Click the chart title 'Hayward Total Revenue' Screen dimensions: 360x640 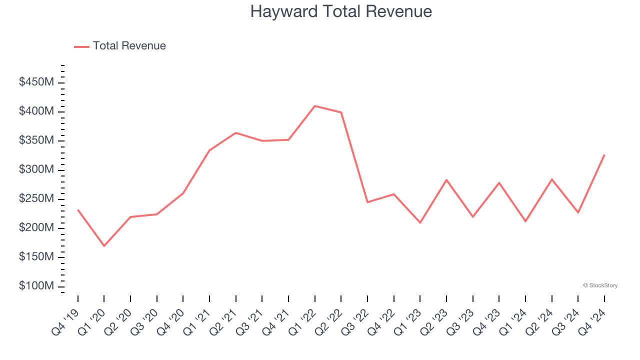point(341,11)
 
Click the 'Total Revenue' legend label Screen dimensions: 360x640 point(129,46)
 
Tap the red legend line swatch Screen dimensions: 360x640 point(81,46)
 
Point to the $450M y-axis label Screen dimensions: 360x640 point(36,82)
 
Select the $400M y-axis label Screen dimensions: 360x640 point(36,111)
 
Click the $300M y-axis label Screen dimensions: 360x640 point(36,169)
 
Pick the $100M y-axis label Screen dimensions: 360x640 point(36,286)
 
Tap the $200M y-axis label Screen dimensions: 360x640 point(36,228)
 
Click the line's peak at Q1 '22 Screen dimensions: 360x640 point(314,106)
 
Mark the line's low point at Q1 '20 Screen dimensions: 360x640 point(104,246)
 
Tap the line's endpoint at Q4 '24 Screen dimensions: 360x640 point(604,155)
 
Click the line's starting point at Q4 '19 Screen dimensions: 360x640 point(78,210)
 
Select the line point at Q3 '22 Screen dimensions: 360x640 point(367,202)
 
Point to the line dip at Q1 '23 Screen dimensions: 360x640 point(420,222)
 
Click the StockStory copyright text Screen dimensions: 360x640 point(600,285)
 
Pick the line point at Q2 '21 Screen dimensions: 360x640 point(235,133)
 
